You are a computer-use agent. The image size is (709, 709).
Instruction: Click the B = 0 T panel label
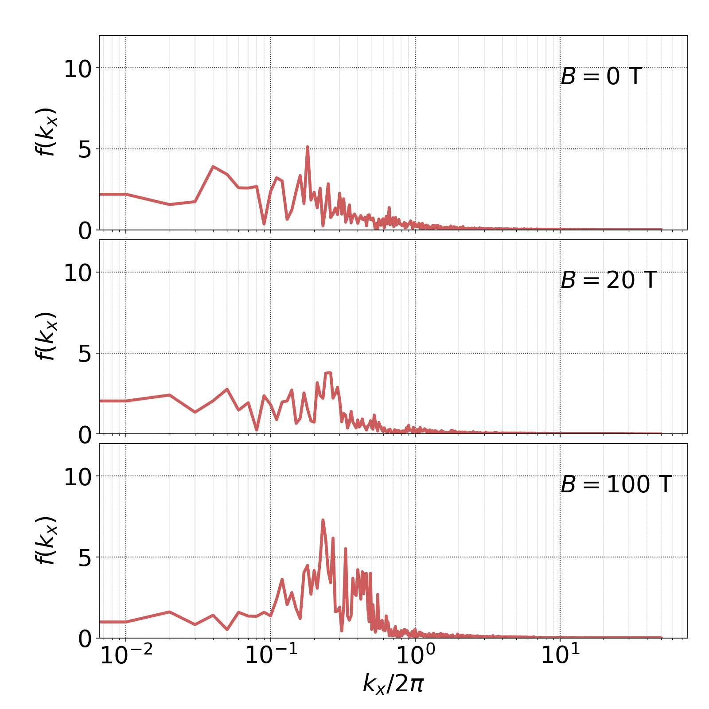click(601, 77)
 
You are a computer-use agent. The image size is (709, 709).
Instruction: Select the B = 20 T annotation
click(608, 280)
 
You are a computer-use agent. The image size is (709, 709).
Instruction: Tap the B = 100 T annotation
click(616, 484)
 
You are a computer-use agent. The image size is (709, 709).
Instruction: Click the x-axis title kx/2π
click(393, 684)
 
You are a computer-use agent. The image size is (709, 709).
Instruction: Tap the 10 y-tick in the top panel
click(78, 70)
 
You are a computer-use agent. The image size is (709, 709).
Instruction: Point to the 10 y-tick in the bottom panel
click(78, 478)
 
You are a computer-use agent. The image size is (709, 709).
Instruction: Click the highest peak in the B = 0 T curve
click(307, 147)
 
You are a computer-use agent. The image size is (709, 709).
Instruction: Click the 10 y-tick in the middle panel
click(78, 274)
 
